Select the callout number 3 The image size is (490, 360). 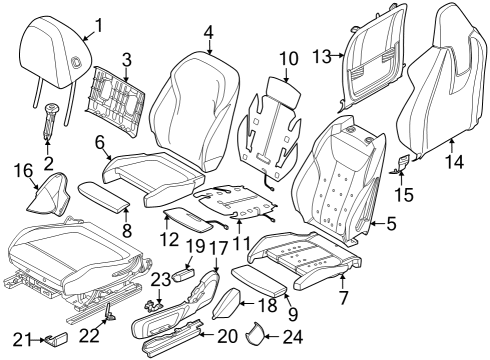point(126,59)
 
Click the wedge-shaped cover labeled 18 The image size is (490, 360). point(229,300)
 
